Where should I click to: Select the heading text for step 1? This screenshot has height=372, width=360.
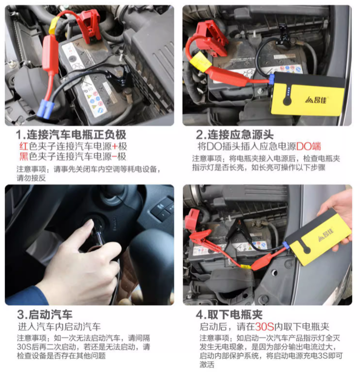(71, 134)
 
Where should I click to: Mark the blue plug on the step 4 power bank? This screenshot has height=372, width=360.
(287, 247)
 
